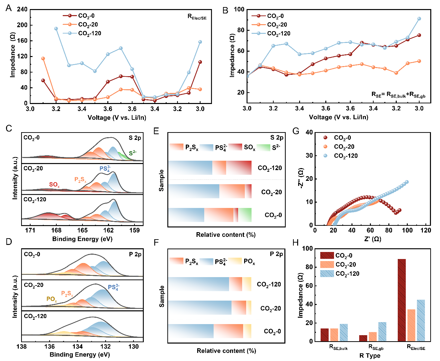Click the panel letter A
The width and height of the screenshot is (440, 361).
pyautogui.click(x=9, y=8)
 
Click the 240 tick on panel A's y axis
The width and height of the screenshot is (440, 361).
pyautogui.click(x=22, y=9)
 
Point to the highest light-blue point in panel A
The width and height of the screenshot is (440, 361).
pyautogui.click(x=56, y=29)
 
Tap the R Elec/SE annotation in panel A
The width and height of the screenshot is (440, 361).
pyautogui.click(x=197, y=17)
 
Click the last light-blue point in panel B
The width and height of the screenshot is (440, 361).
pyautogui.click(x=419, y=19)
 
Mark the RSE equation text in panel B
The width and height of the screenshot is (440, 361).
pyautogui.click(x=398, y=95)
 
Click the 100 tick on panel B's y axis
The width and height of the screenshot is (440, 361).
pyautogui.click(x=239, y=9)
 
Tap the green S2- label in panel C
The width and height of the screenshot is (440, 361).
pyautogui.click(x=133, y=153)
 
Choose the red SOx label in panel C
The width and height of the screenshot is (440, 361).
pyautogui.click(x=54, y=185)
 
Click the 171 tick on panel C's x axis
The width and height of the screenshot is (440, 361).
pyautogui.click(x=30, y=230)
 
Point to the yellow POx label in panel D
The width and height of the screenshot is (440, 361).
pyautogui.click(x=52, y=299)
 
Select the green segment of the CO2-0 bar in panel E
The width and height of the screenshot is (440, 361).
pyautogui.click(x=245, y=215)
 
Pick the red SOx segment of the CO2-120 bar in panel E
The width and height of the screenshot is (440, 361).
pyautogui.click(x=239, y=168)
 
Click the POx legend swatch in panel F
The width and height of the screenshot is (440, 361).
pyautogui.click(x=235, y=261)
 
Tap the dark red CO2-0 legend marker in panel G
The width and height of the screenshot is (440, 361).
pyautogui.click(x=325, y=138)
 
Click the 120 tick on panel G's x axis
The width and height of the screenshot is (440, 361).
pyautogui.click(x=426, y=230)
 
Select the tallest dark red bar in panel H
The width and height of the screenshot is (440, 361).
pyautogui.click(x=401, y=300)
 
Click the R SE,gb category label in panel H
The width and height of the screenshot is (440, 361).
pyautogui.click(x=376, y=348)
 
